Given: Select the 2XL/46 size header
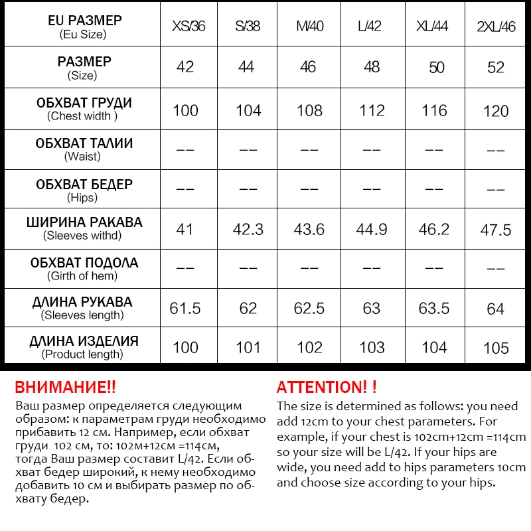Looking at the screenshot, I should pyautogui.click(x=496, y=27).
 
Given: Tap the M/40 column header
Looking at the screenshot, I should pyautogui.click(x=309, y=27).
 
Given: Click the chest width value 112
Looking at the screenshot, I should pyautogui.click(x=372, y=110).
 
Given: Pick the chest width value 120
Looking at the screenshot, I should pyautogui.click(x=496, y=111).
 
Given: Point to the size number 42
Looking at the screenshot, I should pyautogui.click(x=185, y=67).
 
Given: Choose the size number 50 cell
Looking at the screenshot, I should pyautogui.click(x=436, y=68).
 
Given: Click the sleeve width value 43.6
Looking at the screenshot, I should pyautogui.click(x=309, y=229).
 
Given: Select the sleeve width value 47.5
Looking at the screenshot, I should pyautogui.click(x=496, y=230).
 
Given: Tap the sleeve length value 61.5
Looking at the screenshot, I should pyautogui.click(x=185, y=308).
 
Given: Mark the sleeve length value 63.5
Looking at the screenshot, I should pyautogui.click(x=434, y=308).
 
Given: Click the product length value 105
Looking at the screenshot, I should pyautogui.click(x=496, y=348).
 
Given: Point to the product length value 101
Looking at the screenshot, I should pyautogui.click(x=248, y=347).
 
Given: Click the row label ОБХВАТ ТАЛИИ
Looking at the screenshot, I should pyautogui.click(x=84, y=143).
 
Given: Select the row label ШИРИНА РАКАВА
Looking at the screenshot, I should pyautogui.click(x=84, y=222).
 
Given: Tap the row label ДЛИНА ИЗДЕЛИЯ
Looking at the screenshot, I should pyautogui.click(x=84, y=341).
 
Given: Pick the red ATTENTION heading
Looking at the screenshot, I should pyautogui.click(x=327, y=388).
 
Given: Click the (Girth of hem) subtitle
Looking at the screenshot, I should pyautogui.click(x=82, y=275).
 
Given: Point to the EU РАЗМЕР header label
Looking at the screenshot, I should pyautogui.click(x=85, y=21).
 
